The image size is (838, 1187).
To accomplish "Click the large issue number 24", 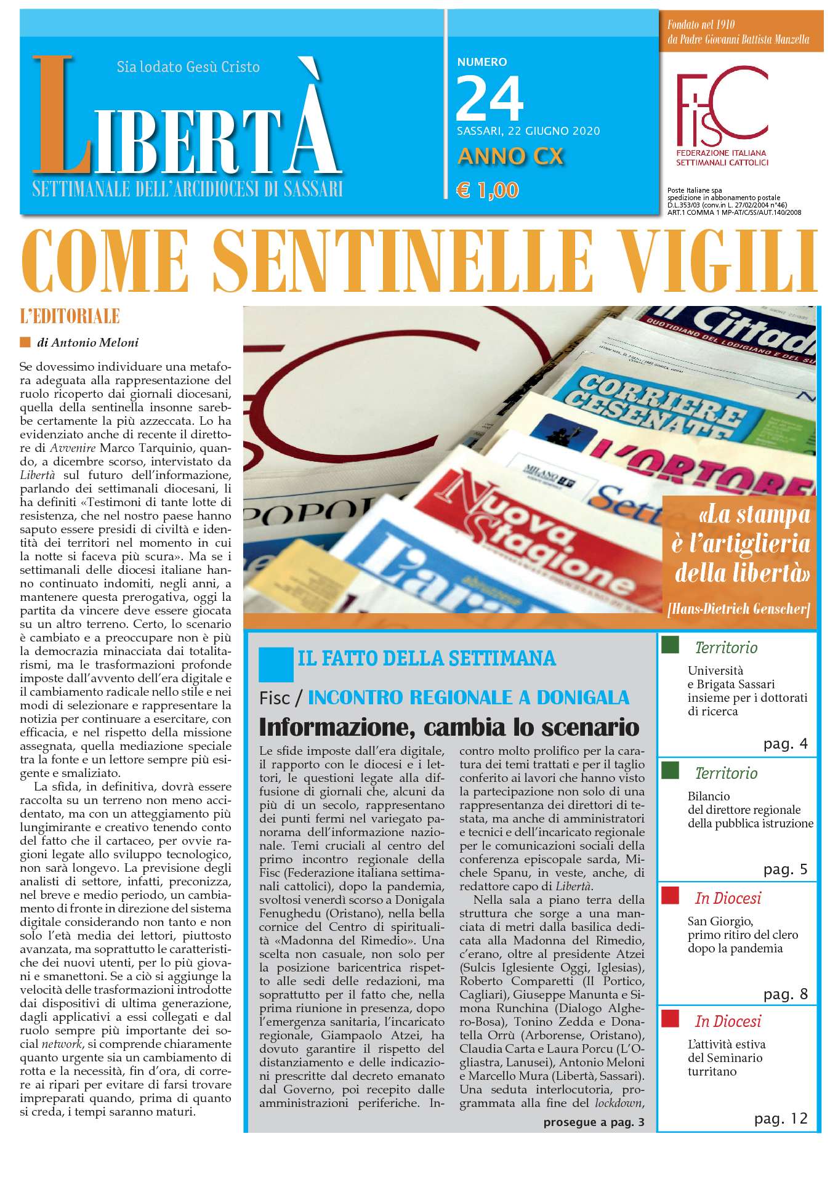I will point(490,98).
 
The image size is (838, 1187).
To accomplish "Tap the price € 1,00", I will point(487,190).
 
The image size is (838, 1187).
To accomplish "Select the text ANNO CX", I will point(510,156).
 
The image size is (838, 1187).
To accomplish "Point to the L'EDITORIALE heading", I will point(70,317).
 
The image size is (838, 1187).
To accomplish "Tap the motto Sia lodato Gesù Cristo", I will point(188,66).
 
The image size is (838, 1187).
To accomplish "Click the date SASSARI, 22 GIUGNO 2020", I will point(528,131).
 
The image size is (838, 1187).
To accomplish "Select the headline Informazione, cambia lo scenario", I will point(449,727).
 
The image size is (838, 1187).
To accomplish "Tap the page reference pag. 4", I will point(785,744).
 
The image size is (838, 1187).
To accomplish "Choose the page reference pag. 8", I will point(785,994).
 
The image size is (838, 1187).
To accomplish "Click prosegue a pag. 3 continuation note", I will point(594,1122).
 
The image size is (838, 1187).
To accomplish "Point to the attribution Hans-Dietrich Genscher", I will point(738,610).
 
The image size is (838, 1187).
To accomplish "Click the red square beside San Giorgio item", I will point(670,894).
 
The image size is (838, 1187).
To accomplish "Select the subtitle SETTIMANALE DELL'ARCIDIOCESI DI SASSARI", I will point(187,189).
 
